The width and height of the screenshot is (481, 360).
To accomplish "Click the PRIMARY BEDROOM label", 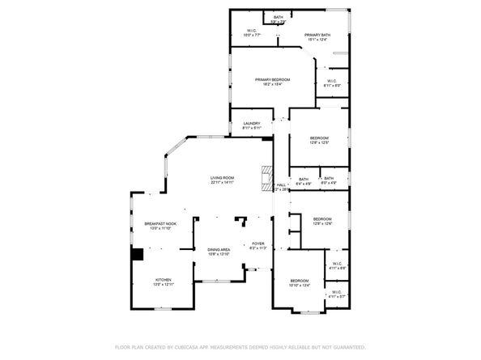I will pyautogui.click(x=272, y=79).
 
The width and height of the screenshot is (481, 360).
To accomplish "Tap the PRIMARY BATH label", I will pyautogui.click(x=317, y=35).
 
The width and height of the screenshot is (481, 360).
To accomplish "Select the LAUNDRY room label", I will pyautogui.click(x=252, y=124).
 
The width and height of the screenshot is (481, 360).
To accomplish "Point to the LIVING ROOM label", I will pyautogui.click(x=223, y=178).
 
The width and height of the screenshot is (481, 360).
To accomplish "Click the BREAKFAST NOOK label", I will pyautogui.click(x=160, y=223).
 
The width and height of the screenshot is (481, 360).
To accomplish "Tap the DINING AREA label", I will pyautogui.click(x=219, y=249).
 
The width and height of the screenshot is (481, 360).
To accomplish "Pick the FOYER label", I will pyautogui.click(x=258, y=244).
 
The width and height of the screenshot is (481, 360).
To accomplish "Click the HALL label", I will pyautogui.click(x=281, y=185).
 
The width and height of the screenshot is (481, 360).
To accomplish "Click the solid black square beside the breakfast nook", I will pyautogui.click(x=138, y=254).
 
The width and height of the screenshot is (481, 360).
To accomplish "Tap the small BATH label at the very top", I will pyautogui.click(x=278, y=17).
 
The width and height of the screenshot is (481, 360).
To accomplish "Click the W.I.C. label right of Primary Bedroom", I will pyautogui.click(x=332, y=81).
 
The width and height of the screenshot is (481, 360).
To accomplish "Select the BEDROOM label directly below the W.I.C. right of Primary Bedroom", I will pyautogui.click(x=319, y=138).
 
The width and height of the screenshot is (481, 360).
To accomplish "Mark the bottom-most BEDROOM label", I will pyautogui.click(x=300, y=280).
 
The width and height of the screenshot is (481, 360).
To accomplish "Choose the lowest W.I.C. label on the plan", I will pyautogui.click(x=335, y=292).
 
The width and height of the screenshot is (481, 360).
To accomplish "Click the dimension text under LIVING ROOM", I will pyautogui.click(x=223, y=183).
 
